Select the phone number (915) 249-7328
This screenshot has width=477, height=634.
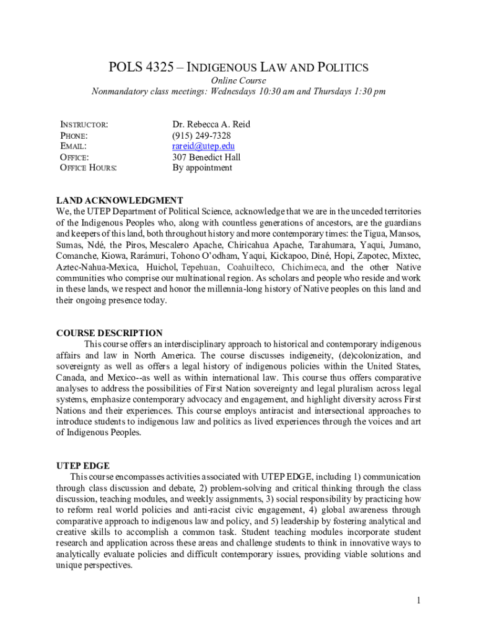[201, 135]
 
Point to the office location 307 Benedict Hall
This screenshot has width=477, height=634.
[206, 157]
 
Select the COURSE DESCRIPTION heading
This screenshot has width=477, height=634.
[109, 333]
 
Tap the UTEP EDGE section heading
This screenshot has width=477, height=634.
[82, 466]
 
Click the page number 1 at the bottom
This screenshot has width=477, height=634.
[419, 600]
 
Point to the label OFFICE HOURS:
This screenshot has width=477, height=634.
[88, 168]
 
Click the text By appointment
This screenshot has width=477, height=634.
[202, 168]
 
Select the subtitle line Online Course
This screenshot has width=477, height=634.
[239, 81]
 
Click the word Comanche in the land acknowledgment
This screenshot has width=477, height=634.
[76, 256]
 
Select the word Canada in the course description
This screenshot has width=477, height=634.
[71, 377]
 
